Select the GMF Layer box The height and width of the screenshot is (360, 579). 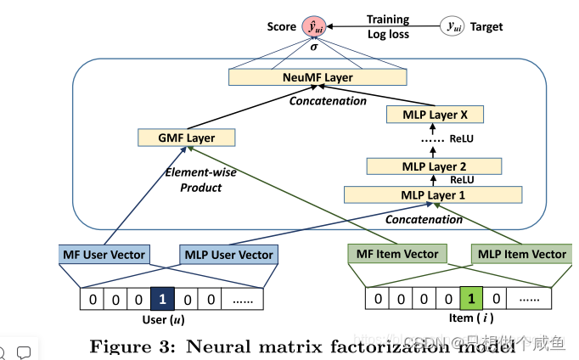185,138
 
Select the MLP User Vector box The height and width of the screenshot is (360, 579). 228,254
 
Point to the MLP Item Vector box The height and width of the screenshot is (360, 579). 521,254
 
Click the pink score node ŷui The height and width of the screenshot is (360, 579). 313,27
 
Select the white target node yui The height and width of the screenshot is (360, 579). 455,27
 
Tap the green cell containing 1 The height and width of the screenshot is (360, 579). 473,299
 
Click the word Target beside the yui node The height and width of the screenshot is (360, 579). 487,27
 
